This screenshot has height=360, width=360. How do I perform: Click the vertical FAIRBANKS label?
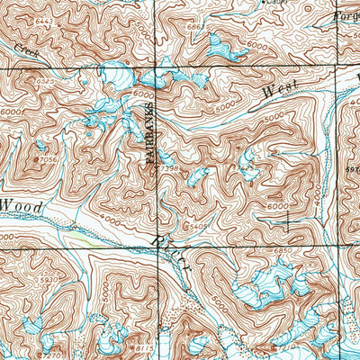(151, 130)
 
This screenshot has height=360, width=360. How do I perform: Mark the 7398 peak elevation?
(167, 167)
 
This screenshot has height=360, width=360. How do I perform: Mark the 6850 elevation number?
(285, 251)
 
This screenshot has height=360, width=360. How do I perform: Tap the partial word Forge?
(346, 16)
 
